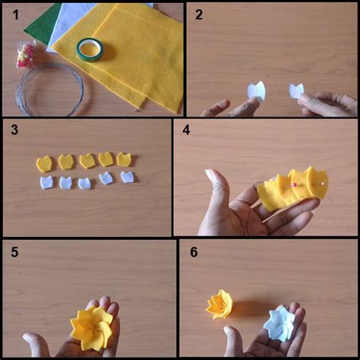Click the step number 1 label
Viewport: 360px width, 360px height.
point(16,14)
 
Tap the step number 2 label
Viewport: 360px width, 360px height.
point(199,14)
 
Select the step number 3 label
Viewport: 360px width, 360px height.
point(14,129)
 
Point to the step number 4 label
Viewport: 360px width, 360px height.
point(186,130)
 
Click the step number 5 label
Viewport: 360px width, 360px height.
point(14,252)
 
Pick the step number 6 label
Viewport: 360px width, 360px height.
point(194,252)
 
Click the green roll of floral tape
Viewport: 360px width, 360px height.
point(90,50)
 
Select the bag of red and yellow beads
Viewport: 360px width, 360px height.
point(25,55)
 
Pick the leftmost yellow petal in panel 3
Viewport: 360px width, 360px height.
point(44,164)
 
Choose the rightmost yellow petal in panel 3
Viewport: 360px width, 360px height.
point(124,159)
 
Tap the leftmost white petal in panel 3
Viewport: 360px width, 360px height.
point(46,182)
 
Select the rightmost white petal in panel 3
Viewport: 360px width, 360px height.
point(127,177)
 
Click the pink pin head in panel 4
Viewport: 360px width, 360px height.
point(294,185)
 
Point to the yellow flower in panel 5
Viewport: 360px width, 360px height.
point(91,328)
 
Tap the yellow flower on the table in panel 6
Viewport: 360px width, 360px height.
point(219,305)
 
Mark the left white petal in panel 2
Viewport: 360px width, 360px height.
point(256,91)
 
